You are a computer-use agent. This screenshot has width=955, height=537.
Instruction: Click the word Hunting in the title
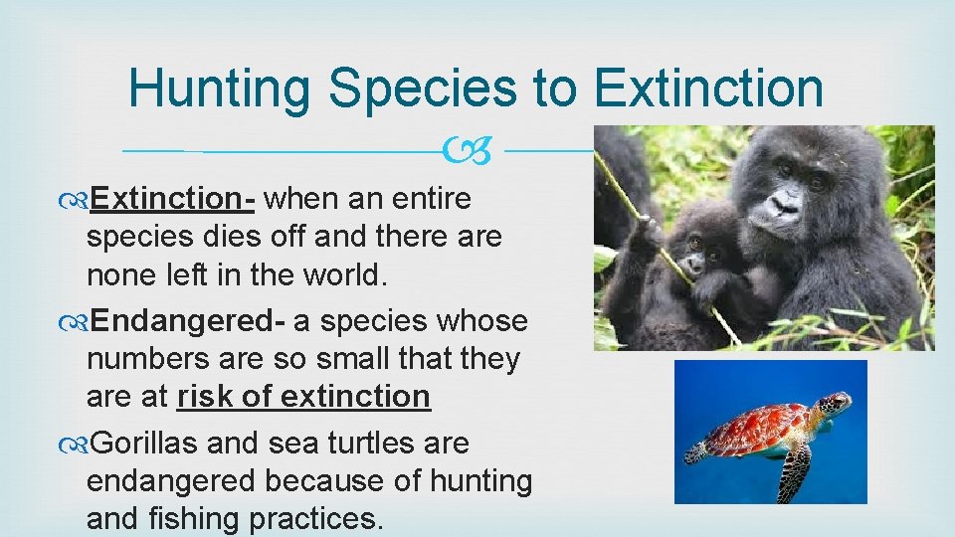[x=220, y=89]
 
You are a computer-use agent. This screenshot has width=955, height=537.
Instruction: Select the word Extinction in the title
[x=708, y=89]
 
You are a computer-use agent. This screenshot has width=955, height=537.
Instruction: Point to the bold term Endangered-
[x=189, y=321]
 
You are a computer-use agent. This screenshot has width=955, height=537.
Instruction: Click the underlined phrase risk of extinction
[x=303, y=396]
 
